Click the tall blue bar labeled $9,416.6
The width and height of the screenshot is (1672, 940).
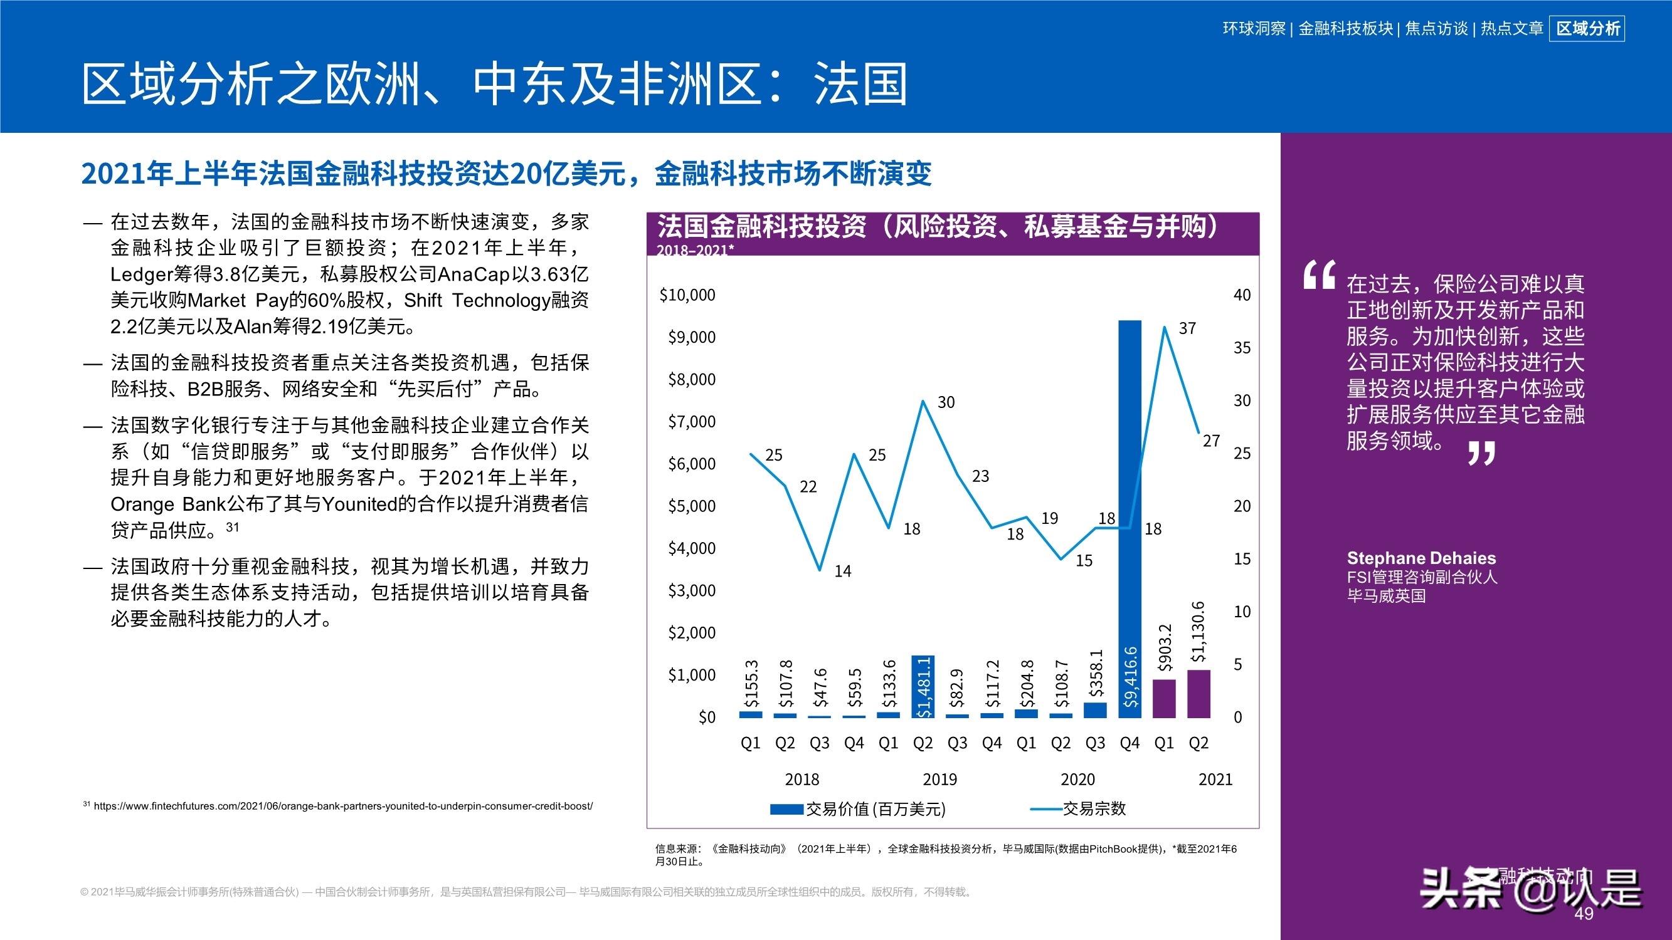click(x=1130, y=519)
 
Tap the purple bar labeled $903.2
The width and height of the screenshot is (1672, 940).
click(x=1164, y=699)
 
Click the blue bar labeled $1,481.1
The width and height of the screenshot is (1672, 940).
click(x=923, y=686)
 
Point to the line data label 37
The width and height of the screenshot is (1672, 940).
click(x=1187, y=328)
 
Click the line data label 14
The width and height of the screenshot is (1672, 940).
click(x=842, y=571)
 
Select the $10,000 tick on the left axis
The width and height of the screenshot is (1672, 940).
click(x=687, y=295)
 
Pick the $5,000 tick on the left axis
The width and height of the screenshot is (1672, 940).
click(x=692, y=506)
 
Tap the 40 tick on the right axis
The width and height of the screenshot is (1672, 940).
click(x=1242, y=295)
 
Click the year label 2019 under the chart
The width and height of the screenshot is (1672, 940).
click(x=939, y=779)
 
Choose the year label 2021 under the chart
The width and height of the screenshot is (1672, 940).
click(x=1215, y=779)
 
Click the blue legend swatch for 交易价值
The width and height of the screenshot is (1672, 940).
click(x=786, y=809)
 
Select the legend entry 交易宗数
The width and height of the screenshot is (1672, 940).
click(x=1094, y=808)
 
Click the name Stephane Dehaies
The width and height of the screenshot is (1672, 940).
click(x=1421, y=558)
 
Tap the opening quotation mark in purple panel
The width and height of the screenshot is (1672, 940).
click(x=1319, y=275)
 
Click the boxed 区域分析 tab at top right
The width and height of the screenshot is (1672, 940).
click(x=1587, y=29)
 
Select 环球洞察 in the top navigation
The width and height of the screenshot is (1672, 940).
click(x=1253, y=29)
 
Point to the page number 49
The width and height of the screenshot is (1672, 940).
click(x=1584, y=914)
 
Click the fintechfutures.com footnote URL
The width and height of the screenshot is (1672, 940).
click(x=342, y=806)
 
